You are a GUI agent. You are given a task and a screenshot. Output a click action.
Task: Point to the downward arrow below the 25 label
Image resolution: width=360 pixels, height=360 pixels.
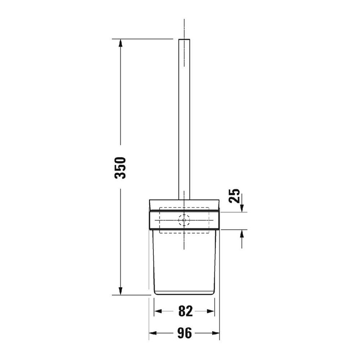[x=242, y=208]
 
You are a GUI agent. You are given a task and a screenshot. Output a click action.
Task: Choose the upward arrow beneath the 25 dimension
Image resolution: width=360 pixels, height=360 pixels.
[x=242, y=234]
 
